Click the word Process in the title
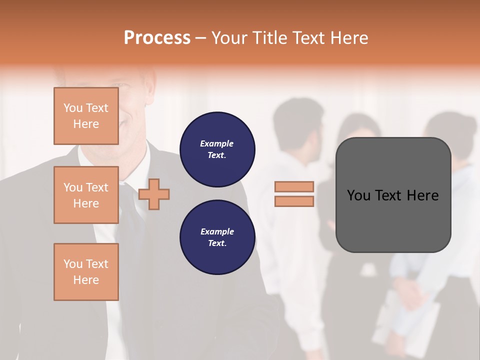(157, 38)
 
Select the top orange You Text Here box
(86, 116)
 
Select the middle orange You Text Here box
(86, 195)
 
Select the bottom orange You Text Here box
(86, 272)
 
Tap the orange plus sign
(154, 194)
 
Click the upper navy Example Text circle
(217, 149)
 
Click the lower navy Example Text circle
(217, 237)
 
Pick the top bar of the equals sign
(294, 186)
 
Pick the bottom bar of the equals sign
(294, 201)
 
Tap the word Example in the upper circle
(217, 143)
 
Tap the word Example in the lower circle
(217, 231)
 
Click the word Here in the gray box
(422, 195)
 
